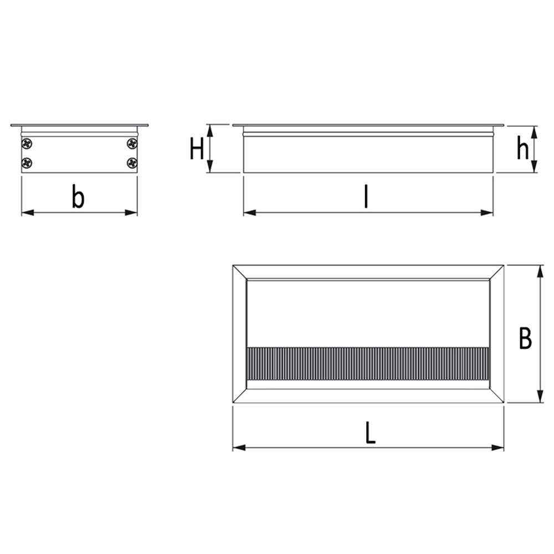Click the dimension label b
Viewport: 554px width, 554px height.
click(78, 197)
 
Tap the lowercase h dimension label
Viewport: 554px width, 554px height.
click(522, 148)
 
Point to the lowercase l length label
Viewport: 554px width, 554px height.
click(366, 197)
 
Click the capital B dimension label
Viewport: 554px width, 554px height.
click(525, 338)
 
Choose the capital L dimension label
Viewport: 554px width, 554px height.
click(371, 433)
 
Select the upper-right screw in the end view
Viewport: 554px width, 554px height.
click(132, 143)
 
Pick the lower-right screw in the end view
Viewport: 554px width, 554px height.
click(132, 163)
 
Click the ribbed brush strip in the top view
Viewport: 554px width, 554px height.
click(367, 363)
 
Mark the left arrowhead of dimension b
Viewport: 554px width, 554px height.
click(25, 212)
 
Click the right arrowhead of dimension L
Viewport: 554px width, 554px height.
click(499, 447)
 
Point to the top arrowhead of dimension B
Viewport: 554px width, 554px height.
click(540, 270)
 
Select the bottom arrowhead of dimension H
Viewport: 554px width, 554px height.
click(210, 168)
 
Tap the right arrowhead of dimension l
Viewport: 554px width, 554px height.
click(488, 212)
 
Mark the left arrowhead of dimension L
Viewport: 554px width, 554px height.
click(237, 447)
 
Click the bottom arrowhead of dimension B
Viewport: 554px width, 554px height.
click(540, 398)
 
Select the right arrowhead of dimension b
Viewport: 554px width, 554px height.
click(132, 212)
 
